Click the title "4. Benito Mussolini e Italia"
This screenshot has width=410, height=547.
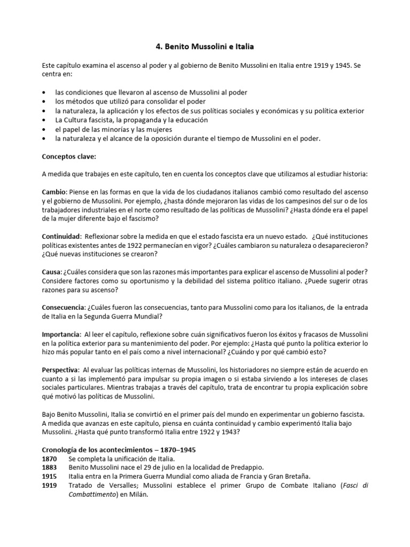pos(204,47)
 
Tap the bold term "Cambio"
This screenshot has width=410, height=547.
pos(53,191)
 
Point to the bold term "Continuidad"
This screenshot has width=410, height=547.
pos(61,236)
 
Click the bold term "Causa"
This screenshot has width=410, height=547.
pos(52,271)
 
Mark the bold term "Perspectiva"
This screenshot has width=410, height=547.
pos(60,370)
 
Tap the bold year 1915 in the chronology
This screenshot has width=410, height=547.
pos(50,476)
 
